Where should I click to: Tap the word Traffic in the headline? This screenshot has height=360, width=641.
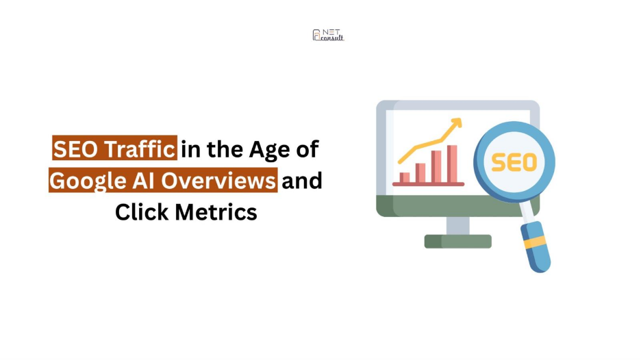pos(140,149)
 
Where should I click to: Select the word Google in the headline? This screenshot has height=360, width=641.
pos(88,181)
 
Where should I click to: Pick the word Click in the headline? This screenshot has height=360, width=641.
pos(142,212)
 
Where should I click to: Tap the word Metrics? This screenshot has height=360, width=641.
pos(216,212)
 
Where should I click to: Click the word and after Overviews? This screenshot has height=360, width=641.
pos(302,181)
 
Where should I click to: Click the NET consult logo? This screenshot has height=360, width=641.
pos(328,35)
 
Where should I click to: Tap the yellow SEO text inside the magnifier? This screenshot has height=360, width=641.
pos(514,162)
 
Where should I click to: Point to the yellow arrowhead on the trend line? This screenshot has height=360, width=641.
pos(457,123)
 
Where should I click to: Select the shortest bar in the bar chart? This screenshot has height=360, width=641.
pos(405,177)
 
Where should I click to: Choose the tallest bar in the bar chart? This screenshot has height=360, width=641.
pos(452,164)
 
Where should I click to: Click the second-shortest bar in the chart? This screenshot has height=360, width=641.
pos(420,173)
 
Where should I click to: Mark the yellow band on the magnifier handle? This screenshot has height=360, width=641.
pos(536,242)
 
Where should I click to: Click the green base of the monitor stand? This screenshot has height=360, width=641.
pos(458,242)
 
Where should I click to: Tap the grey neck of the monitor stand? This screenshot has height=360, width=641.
pos(458,226)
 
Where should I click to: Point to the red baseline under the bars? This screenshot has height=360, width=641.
pos(429,184)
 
